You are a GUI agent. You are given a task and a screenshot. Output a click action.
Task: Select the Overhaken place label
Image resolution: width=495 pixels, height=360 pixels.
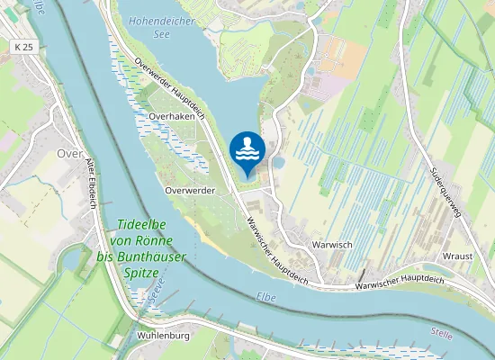[x=173, y=116]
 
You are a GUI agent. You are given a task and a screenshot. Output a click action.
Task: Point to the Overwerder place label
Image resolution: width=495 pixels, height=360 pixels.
[x=190, y=191]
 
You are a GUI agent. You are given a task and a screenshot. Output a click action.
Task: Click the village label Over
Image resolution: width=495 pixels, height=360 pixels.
[x=69, y=154]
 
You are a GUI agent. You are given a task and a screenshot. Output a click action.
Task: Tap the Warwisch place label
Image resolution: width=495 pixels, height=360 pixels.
[x=331, y=244]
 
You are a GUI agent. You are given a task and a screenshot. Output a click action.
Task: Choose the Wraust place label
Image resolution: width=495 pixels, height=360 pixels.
[x=457, y=256]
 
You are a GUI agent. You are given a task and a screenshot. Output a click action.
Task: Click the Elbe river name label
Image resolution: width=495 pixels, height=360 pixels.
[x=266, y=295]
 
